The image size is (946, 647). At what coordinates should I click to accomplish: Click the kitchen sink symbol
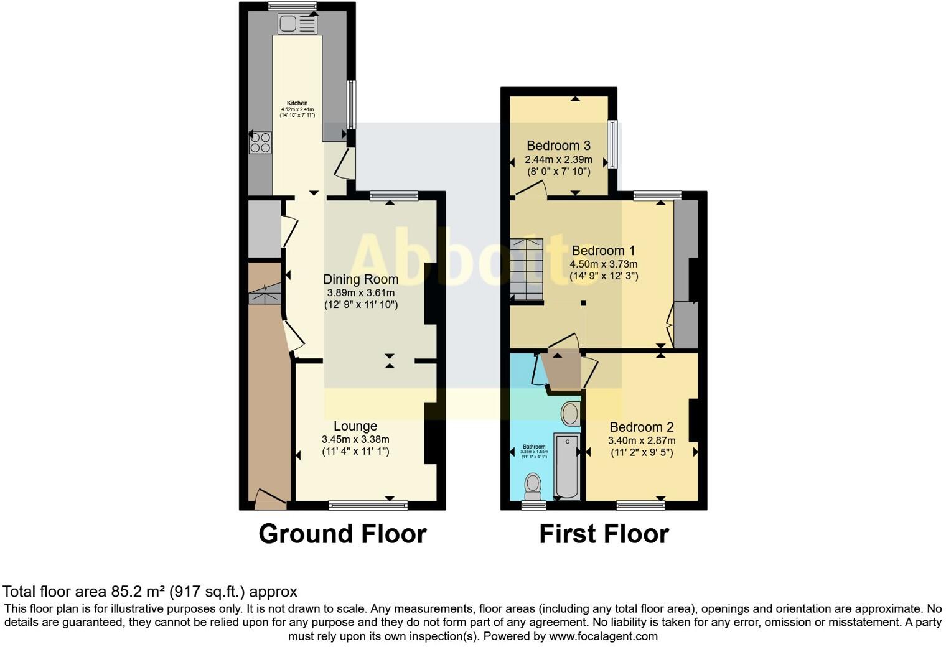click(x=298, y=24)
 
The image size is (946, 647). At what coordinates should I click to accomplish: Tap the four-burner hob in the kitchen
click(x=260, y=142)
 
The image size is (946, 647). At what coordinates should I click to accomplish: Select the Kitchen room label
click(x=297, y=103)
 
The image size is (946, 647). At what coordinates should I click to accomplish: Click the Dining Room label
click(x=360, y=279)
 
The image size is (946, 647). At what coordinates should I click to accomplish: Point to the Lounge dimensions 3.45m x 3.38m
click(x=355, y=439)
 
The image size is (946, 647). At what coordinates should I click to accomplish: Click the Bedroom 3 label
click(x=558, y=146)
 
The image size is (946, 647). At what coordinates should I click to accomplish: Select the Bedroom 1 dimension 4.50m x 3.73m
click(x=603, y=264)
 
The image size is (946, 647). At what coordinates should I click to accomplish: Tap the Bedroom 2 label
click(x=641, y=427)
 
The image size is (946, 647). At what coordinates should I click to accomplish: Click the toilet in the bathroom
click(x=533, y=486)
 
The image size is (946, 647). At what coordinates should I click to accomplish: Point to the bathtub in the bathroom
click(x=566, y=467)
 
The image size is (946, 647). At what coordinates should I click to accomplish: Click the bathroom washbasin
click(x=570, y=413)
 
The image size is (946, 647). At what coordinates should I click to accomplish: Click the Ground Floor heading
click(x=342, y=534)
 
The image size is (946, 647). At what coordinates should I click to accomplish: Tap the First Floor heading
click(x=604, y=534)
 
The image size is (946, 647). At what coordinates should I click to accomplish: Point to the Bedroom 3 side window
click(x=612, y=144)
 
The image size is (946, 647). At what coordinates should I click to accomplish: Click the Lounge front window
click(x=368, y=505)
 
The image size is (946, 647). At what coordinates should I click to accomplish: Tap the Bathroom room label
click(x=534, y=447)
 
